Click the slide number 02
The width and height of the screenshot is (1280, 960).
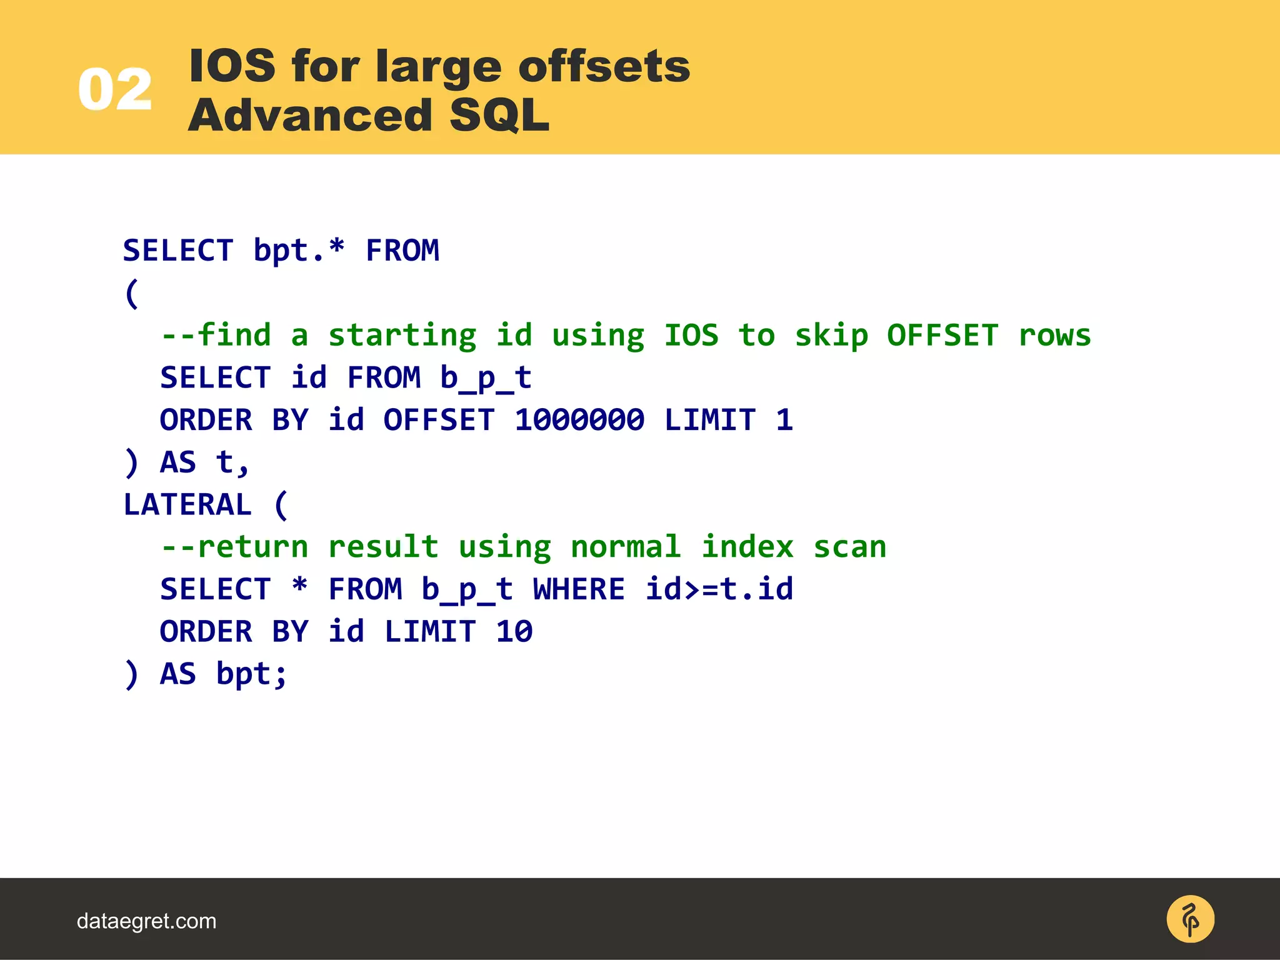(x=115, y=90)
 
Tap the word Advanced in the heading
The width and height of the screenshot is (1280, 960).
(x=311, y=116)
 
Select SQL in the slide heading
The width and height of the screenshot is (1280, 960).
(x=499, y=116)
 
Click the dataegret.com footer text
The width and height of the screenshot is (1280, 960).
(x=146, y=921)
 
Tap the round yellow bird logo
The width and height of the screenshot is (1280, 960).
(x=1190, y=919)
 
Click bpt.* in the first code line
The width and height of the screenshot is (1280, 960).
(x=299, y=251)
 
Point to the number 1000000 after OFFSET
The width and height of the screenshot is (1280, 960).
(x=579, y=419)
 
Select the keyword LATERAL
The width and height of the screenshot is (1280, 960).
(x=187, y=504)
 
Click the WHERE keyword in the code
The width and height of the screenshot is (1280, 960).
(x=579, y=589)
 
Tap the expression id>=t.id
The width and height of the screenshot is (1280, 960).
(x=719, y=589)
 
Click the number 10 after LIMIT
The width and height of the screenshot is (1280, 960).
(x=514, y=631)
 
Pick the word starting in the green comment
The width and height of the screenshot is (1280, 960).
(x=402, y=336)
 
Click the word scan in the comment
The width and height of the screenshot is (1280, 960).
(x=849, y=547)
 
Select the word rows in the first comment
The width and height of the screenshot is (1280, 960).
(x=1054, y=336)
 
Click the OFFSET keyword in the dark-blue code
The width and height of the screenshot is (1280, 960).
(x=439, y=419)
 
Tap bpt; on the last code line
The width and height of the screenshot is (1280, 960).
(x=252, y=674)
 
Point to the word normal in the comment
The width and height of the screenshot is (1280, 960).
(x=626, y=547)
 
